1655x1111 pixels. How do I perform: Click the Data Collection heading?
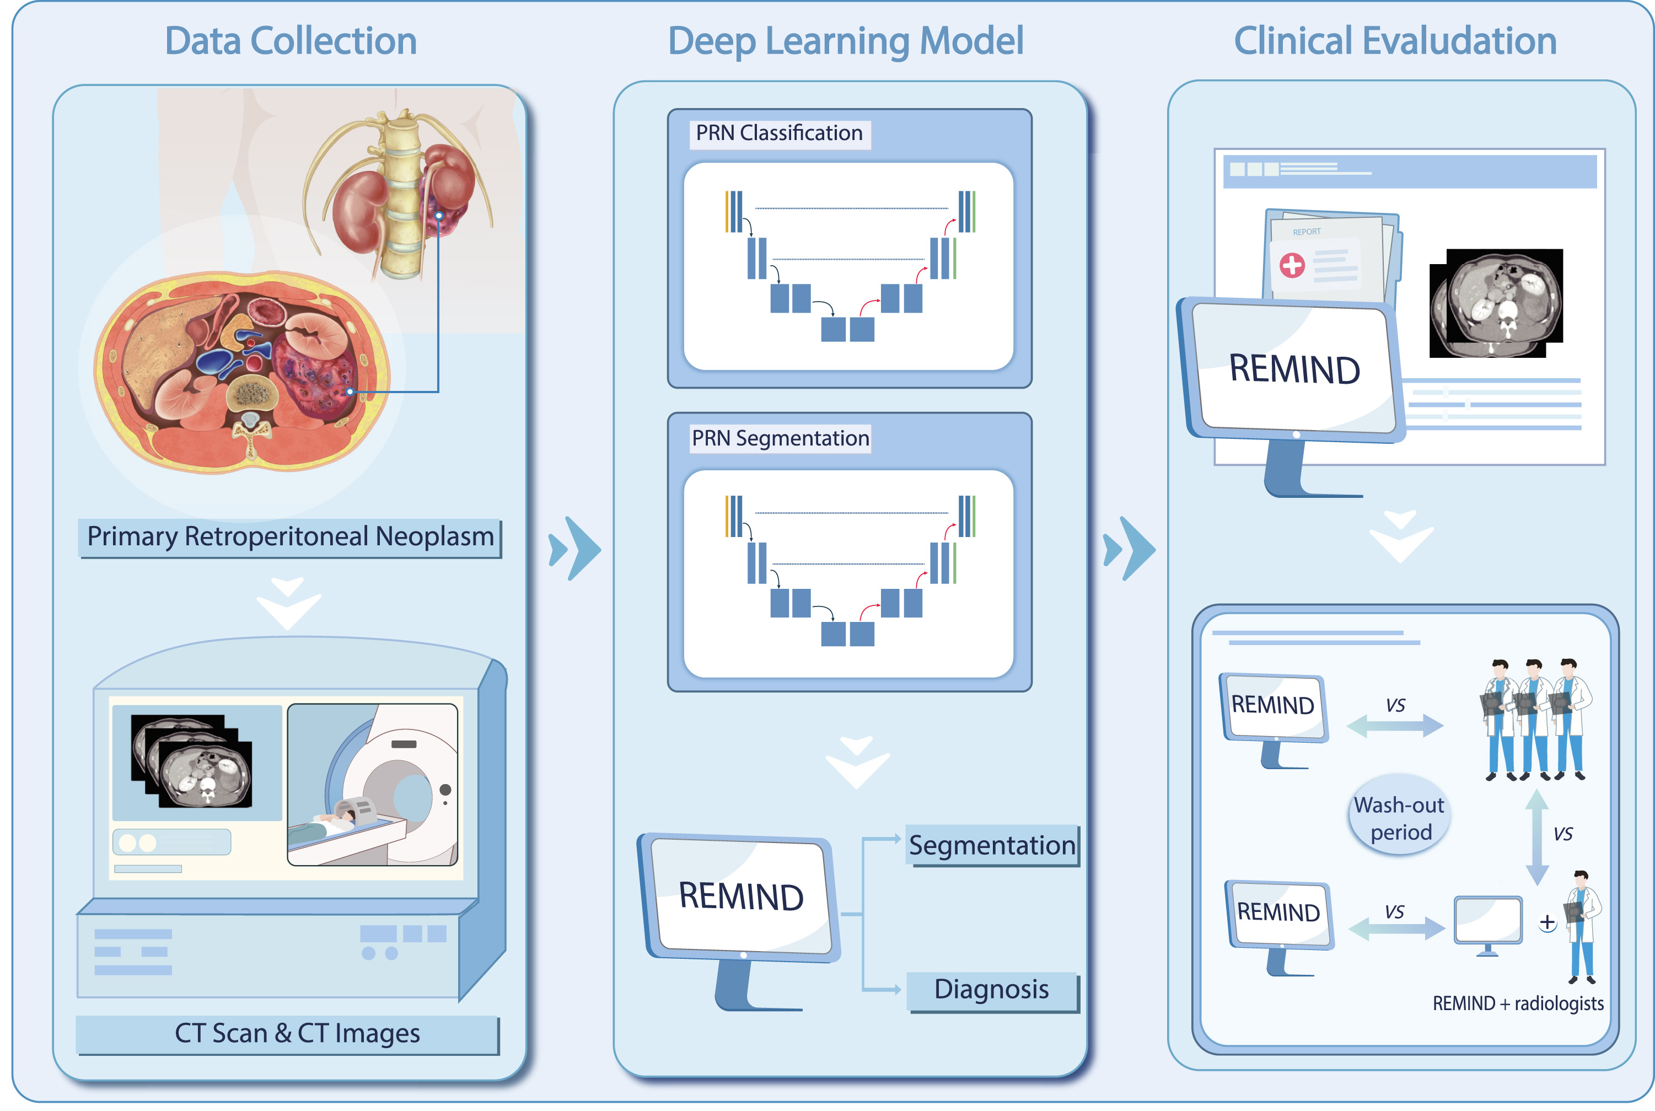(291, 41)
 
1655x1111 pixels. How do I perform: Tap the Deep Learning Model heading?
(845, 41)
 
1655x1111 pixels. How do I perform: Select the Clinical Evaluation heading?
(1394, 41)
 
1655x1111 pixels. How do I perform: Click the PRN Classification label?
(778, 133)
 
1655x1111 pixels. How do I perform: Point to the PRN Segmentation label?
(780, 438)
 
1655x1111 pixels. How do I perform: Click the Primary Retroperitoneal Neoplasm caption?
(290, 537)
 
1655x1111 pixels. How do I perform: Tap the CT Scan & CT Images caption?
(297, 1033)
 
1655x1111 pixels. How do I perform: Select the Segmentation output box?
(991, 845)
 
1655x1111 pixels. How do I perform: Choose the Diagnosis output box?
(991, 989)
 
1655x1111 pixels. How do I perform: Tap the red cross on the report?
(1292, 265)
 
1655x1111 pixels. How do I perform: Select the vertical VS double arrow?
(1535, 837)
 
